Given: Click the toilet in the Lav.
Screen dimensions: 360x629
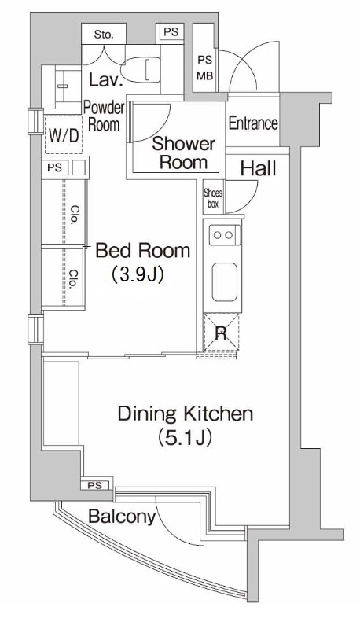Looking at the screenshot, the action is click(141, 70).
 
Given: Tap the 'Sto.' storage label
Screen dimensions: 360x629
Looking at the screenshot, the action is click(104, 35).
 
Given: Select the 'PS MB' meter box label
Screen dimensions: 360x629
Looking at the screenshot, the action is click(205, 68).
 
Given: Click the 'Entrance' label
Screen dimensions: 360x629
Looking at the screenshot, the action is click(253, 123).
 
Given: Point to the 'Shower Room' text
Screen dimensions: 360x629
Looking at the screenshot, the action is click(184, 153).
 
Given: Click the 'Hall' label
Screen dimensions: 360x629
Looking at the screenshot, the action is click(258, 169).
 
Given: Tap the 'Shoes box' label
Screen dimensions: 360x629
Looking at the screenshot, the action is click(213, 198).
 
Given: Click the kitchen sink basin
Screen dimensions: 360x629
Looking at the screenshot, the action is click(225, 282).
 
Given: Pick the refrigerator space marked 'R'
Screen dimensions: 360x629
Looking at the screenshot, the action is click(222, 333).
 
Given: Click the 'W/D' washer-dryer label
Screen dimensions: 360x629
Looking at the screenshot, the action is click(64, 135).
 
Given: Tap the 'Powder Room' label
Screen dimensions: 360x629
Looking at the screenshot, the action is click(104, 116).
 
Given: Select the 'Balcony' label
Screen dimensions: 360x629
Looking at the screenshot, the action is click(122, 517).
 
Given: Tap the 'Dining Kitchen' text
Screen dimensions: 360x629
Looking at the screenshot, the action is click(186, 414).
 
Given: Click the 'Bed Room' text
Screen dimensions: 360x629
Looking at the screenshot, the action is click(143, 251).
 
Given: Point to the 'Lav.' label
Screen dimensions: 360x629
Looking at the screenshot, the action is click(105, 80).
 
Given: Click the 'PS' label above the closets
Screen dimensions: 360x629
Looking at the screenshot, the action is click(55, 167).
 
